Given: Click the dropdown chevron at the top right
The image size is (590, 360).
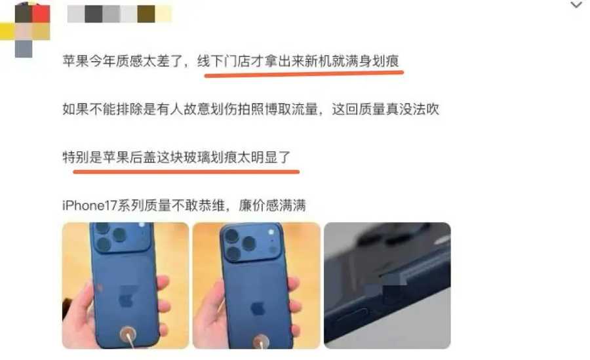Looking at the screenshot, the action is [x=576, y=5].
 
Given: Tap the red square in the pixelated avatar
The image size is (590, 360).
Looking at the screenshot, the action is [x=41, y=14].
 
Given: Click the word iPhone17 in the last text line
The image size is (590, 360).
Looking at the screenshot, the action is [x=90, y=206].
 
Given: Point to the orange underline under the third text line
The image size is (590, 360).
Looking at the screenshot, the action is [x=186, y=172].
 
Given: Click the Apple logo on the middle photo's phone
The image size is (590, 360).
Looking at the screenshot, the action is [x=258, y=309].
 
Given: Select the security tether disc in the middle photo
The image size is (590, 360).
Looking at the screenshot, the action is [x=260, y=341].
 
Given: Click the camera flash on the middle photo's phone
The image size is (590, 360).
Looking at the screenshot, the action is [x=271, y=231].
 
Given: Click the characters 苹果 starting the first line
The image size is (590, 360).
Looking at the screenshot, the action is [x=75, y=61].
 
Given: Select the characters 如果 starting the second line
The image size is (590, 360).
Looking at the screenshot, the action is [x=75, y=110].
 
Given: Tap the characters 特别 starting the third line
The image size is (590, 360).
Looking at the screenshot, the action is [x=75, y=157].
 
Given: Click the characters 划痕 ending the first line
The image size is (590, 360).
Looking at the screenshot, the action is [x=385, y=61].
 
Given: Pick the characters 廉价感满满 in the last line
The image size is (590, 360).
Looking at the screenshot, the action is [x=272, y=206].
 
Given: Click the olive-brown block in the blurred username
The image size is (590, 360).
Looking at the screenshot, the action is [x=146, y=14].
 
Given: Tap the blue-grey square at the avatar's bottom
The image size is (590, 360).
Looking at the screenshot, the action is [x=24, y=49].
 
